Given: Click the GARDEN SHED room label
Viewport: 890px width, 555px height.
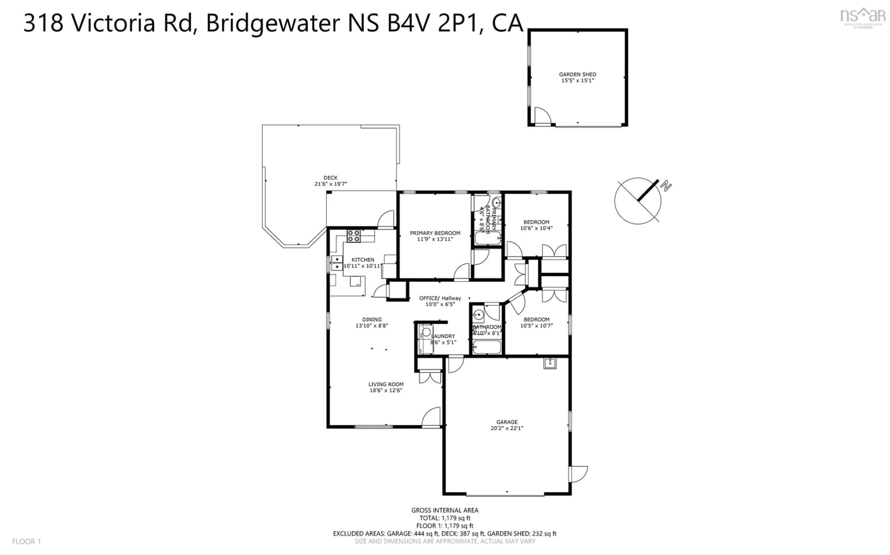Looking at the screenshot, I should click(x=577, y=74).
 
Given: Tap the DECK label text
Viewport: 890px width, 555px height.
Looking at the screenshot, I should click(x=330, y=178).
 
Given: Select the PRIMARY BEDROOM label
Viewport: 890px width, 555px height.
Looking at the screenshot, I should click(x=435, y=233).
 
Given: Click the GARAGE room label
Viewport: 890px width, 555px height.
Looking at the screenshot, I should click(x=507, y=422).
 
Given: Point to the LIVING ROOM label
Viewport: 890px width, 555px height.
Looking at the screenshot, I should click(x=386, y=384).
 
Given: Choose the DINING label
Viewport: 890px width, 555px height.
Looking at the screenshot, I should click(x=372, y=319).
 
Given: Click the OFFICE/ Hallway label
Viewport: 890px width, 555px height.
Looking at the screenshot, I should click(x=440, y=298).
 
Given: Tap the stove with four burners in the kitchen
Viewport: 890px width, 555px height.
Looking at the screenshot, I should click(x=353, y=236).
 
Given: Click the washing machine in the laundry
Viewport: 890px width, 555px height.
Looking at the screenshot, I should click(x=426, y=333).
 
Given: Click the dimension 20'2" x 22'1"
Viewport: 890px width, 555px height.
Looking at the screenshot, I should click(x=507, y=428).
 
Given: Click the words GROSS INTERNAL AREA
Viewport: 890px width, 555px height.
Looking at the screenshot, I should click(x=445, y=510).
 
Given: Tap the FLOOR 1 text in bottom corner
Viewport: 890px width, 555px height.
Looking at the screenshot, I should click(x=26, y=541).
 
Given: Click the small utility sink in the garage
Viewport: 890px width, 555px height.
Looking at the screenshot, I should click(x=550, y=363).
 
